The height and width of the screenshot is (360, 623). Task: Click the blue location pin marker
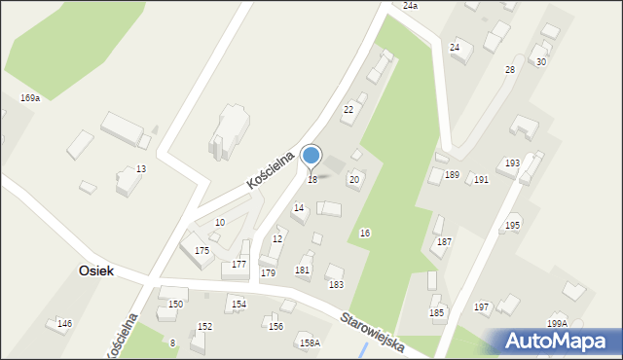click(x=311, y=156)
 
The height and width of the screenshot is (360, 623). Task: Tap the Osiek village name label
click(x=95, y=271)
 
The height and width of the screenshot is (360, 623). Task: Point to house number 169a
click(x=30, y=98)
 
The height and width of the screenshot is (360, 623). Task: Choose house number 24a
click(x=410, y=6)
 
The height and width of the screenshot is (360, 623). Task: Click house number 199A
click(x=557, y=324)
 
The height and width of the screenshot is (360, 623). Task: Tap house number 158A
click(x=310, y=342)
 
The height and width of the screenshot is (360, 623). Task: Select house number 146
click(x=64, y=323)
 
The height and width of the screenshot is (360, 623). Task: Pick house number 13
click(x=141, y=169)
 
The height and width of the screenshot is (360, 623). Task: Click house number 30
click(x=541, y=62)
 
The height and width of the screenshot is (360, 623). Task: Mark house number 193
click(x=512, y=162)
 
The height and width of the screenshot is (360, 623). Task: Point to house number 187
click(x=444, y=241)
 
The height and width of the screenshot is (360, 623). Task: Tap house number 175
click(x=202, y=251)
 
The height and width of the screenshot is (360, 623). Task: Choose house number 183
click(x=336, y=284)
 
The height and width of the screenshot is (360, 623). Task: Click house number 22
click(x=348, y=110)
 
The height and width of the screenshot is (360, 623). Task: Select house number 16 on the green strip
click(x=365, y=234)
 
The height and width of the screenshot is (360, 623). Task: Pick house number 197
click(x=481, y=307)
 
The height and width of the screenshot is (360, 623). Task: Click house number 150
click(x=175, y=305)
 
